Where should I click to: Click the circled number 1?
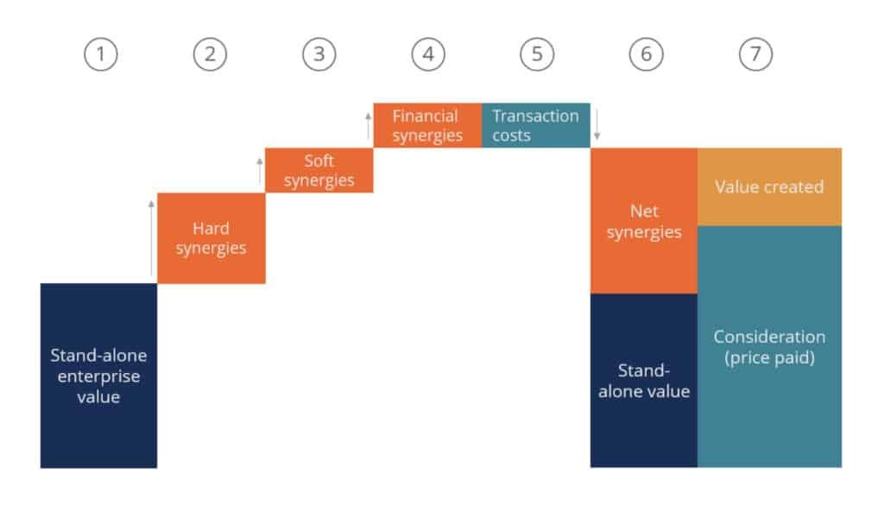click(x=101, y=54)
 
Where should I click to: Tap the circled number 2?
click(x=211, y=54)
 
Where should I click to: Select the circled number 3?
click(x=319, y=54)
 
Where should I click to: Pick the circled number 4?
click(x=428, y=54)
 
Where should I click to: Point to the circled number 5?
click(x=537, y=54)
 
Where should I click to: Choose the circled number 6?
click(x=646, y=54)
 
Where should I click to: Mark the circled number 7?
click(x=755, y=54)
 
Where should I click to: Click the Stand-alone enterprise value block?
click(x=98, y=376)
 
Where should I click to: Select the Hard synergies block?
click(x=212, y=238)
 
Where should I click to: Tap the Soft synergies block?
click(x=319, y=170)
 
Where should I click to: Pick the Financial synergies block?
click(x=427, y=125)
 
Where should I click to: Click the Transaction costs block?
click(x=536, y=125)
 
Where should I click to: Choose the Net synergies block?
click(x=644, y=221)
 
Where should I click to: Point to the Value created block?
click(x=769, y=187)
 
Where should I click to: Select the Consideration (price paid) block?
click(x=769, y=346)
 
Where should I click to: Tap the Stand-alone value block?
click(x=644, y=381)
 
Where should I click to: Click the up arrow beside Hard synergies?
click(x=151, y=237)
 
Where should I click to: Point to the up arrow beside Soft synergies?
click(x=259, y=170)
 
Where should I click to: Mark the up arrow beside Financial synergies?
click(x=368, y=125)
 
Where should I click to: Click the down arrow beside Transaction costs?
click(x=597, y=125)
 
